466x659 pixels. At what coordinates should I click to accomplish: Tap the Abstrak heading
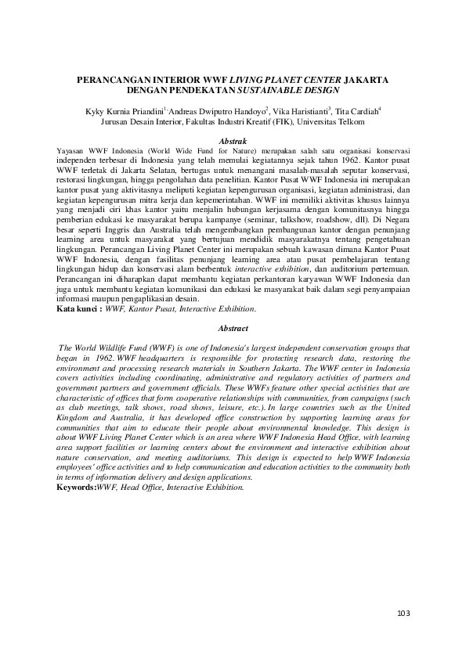(x=233, y=139)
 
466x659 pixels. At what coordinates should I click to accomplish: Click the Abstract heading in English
(x=233, y=329)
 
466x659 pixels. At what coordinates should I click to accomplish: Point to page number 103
(x=402, y=612)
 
